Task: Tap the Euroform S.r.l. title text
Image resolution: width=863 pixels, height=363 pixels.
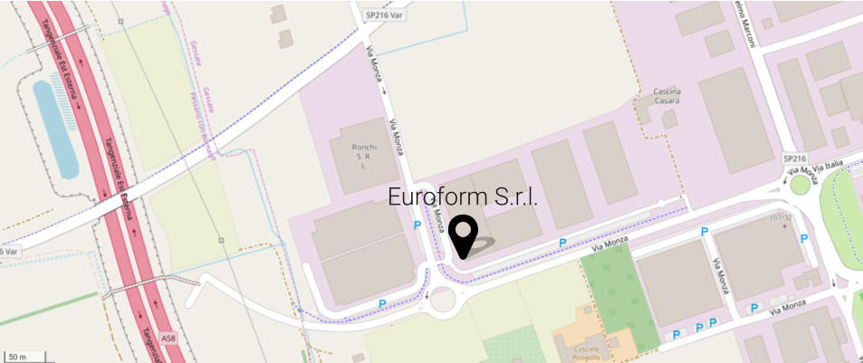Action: tap(463, 196)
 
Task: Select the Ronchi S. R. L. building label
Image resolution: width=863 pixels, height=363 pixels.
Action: tap(361, 155)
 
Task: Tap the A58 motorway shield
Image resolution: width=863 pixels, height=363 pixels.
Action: tap(168, 338)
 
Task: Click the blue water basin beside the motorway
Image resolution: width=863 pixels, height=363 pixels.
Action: tap(54, 127)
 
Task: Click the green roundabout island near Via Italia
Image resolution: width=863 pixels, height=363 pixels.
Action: tap(800, 186)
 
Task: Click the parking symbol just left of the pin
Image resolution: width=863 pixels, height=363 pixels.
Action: tap(417, 224)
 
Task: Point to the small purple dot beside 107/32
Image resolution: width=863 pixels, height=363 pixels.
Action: tap(785, 226)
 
